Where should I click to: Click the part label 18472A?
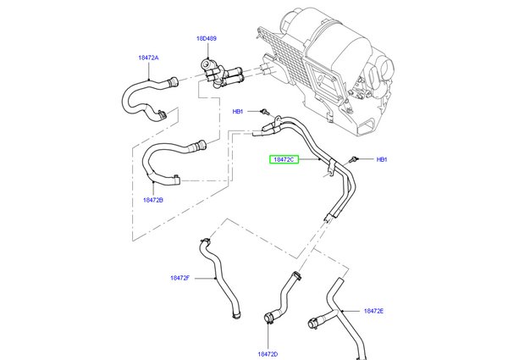point(148,58)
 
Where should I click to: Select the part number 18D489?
point(207,39)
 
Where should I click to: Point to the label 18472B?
point(152,200)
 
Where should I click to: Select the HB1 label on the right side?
point(381,159)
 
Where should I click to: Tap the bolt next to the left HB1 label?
point(264,110)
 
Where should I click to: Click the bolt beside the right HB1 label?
point(355,158)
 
